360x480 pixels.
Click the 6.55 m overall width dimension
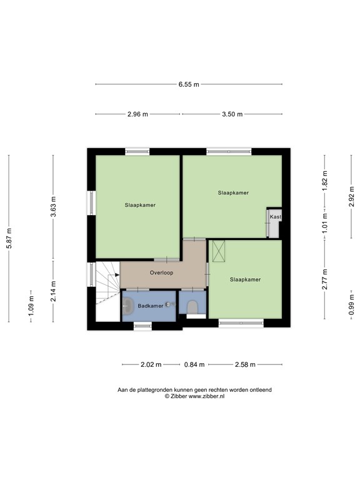point(188,84)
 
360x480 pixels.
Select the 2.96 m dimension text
point(137,114)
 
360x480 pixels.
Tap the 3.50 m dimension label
point(231,114)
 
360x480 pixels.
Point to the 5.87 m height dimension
point(9,238)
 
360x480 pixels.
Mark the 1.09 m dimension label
point(31,306)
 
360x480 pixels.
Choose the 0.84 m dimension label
point(194,364)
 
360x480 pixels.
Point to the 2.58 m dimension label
point(245,364)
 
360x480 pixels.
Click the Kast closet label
point(275,217)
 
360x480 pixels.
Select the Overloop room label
point(161,272)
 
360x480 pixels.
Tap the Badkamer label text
point(151,306)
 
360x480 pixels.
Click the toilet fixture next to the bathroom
point(192,306)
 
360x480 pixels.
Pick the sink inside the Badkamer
point(129,306)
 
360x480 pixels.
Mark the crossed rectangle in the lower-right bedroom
point(219,251)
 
